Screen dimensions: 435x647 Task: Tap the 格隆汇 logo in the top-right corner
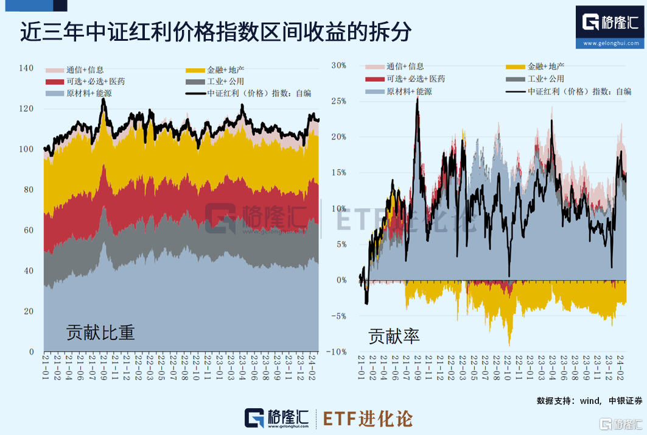click(x=610, y=23)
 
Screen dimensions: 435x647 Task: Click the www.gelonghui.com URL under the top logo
click(x=611, y=43)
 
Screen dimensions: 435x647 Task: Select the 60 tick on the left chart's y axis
click(x=28, y=230)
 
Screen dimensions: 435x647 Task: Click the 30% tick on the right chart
click(x=338, y=65)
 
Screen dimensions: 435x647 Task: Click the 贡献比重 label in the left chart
click(x=100, y=333)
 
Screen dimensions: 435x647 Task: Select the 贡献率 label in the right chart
click(x=394, y=336)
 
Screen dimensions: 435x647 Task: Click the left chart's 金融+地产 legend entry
click(x=219, y=69)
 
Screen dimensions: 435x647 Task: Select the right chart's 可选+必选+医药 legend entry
click(x=405, y=79)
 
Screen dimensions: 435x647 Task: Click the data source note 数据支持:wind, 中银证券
click(x=589, y=400)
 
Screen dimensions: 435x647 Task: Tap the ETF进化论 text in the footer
click(x=367, y=419)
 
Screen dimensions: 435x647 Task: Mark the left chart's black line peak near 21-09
click(x=103, y=99)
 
